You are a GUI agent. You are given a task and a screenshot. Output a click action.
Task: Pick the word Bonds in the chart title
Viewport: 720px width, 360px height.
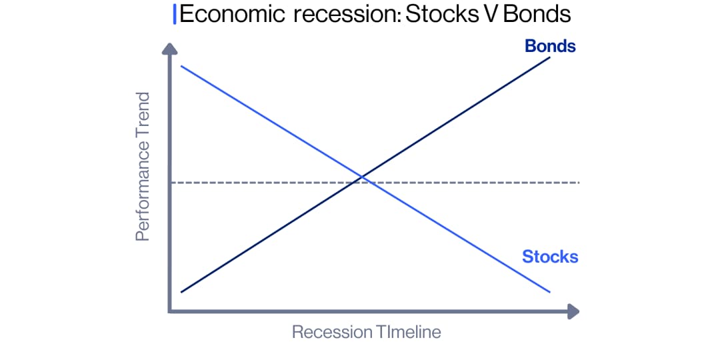pyautogui.click(x=537, y=15)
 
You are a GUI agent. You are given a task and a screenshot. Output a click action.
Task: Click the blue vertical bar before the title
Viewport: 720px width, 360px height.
pyautogui.click(x=175, y=15)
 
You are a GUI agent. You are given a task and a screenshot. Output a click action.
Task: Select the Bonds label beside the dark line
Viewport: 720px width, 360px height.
pyautogui.click(x=550, y=46)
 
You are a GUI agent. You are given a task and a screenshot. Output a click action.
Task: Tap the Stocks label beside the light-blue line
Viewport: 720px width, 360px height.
pyautogui.click(x=550, y=257)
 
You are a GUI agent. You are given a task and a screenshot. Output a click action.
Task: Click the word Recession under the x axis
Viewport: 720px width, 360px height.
pyautogui.click(x=332, y=332)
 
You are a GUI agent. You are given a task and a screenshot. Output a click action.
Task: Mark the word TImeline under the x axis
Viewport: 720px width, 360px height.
pyautogui.click(x=407, y=332)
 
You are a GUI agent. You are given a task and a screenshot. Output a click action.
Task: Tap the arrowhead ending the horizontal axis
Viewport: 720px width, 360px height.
pyautogui.click(x=573, y=311)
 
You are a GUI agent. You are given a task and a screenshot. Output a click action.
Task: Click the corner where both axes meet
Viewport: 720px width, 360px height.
pyautogui.click(x=171, y=311)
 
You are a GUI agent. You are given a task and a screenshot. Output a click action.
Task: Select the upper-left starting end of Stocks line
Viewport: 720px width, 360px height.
pyautogui.click(x=181, y=66)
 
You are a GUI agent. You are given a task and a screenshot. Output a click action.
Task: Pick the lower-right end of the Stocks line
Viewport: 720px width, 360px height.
pyautogui.click(x=549, y=292)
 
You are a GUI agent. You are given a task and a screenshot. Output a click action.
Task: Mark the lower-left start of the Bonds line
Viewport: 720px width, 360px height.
pyautogui.click(x=181, y=292)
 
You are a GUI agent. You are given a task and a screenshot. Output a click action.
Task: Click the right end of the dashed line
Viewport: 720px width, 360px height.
pyautogui.click(x=579, y=183)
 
